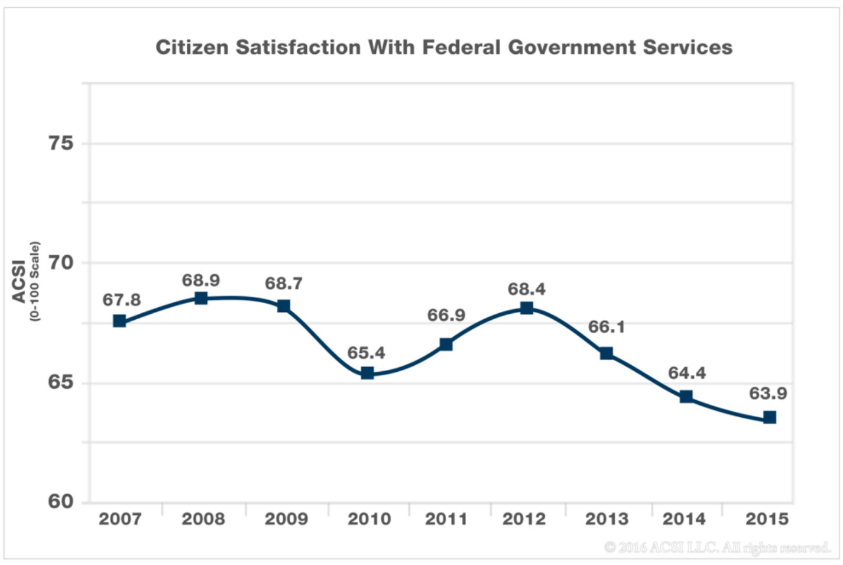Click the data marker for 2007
[x=119, y=321]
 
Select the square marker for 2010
[x=367, y=373]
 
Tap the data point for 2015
[x=769, y=418]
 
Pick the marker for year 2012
[x=527, y=308]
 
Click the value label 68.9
[x=201, y=280]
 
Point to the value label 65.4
[x=366, y=353]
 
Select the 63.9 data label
[x=768, y=394]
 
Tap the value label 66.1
[x=606, y=327]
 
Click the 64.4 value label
[x=687, y=373]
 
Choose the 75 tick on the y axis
[x=61, y=143]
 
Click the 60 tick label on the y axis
[x=61, y=501]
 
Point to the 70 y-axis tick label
[x=61, y=262]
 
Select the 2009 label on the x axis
[x=286, y=519]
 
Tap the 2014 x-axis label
[x=684, y=519]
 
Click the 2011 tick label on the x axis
[x=446, y=519]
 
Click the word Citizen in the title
[x=192, y=47]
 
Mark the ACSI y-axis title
[x=20, y=281]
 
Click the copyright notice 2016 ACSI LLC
[x=717, y=548]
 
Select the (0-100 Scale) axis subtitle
[x=35, y=281]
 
